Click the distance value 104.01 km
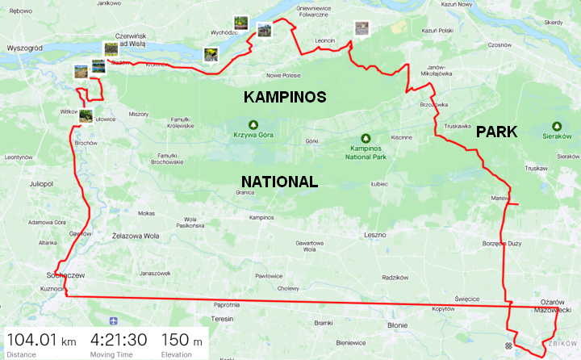click(41, 340)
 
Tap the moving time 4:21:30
click(118, 340)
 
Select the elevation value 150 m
click(182, 340)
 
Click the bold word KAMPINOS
click(285, 97)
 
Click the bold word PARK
click(495, 132)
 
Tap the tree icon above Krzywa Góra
click(252, 124)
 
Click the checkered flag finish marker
click(508, 345)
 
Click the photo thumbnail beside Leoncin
click(362, 29)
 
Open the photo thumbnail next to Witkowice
click(86, 116)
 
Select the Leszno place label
click(376, 235)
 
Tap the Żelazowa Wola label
click(135, 237)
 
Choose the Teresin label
click(222, 319)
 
